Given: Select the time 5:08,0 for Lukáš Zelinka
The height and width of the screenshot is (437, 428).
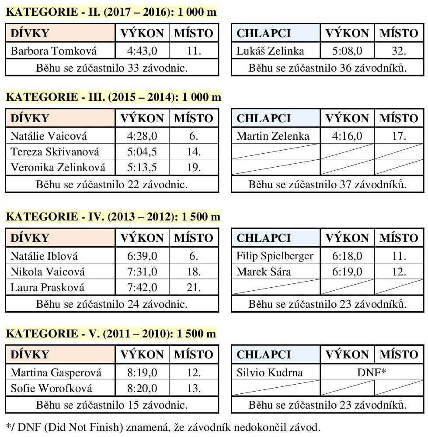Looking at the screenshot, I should pos(347,52).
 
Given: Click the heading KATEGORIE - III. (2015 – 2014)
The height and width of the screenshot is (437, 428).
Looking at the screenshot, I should pos(113,97).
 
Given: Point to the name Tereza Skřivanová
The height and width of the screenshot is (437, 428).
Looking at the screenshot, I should pos(55,152).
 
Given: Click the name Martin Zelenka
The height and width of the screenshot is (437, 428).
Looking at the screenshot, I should pos(273,136).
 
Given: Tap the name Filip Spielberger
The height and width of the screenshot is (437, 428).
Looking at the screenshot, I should pos(275,256).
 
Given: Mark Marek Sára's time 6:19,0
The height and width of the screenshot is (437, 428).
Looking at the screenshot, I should pos(347,272).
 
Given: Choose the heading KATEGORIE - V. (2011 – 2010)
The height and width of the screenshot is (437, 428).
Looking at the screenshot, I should pos(111,334).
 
